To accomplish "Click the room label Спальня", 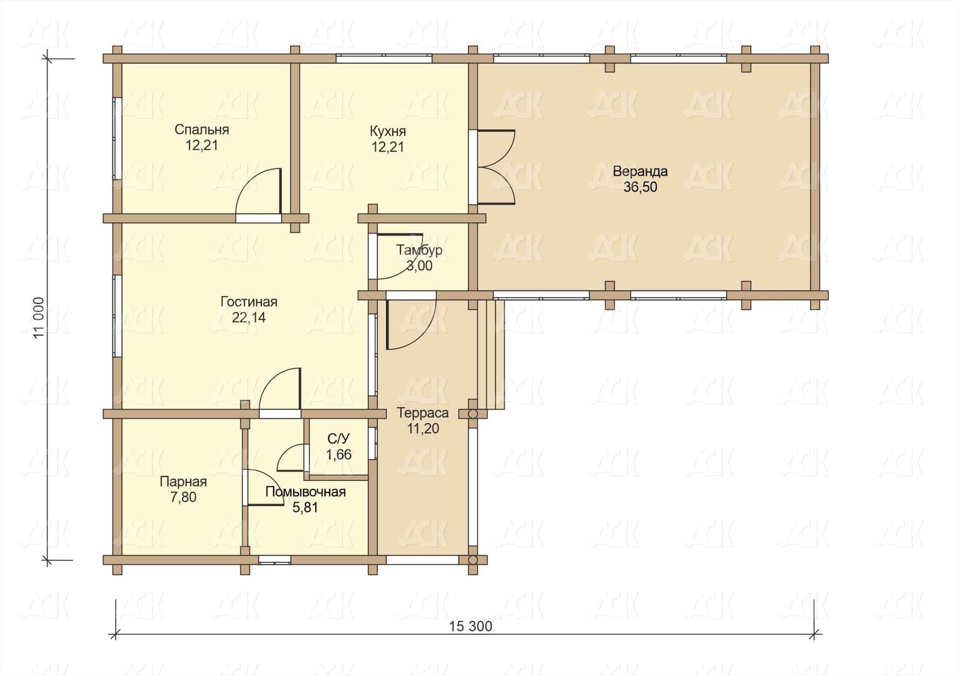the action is coord(201,129).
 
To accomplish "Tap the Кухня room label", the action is coord(387,131).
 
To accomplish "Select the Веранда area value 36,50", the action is coord(640,187).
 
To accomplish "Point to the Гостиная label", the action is coord(249,302).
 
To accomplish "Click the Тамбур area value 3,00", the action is coord(420,266).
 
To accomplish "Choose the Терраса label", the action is coord(423,413).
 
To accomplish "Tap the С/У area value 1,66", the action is coord(339,454).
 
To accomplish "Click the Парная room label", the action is coord(183,482).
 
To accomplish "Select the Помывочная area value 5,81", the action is coord(305,507).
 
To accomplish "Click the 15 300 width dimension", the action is coord(471,626).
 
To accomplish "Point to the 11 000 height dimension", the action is coord(39,317).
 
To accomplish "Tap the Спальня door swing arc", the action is coord(258,191).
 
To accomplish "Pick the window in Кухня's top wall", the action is coord(384,58).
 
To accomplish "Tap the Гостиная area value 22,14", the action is coord(249,317).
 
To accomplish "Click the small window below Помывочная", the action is coord(275,559).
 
